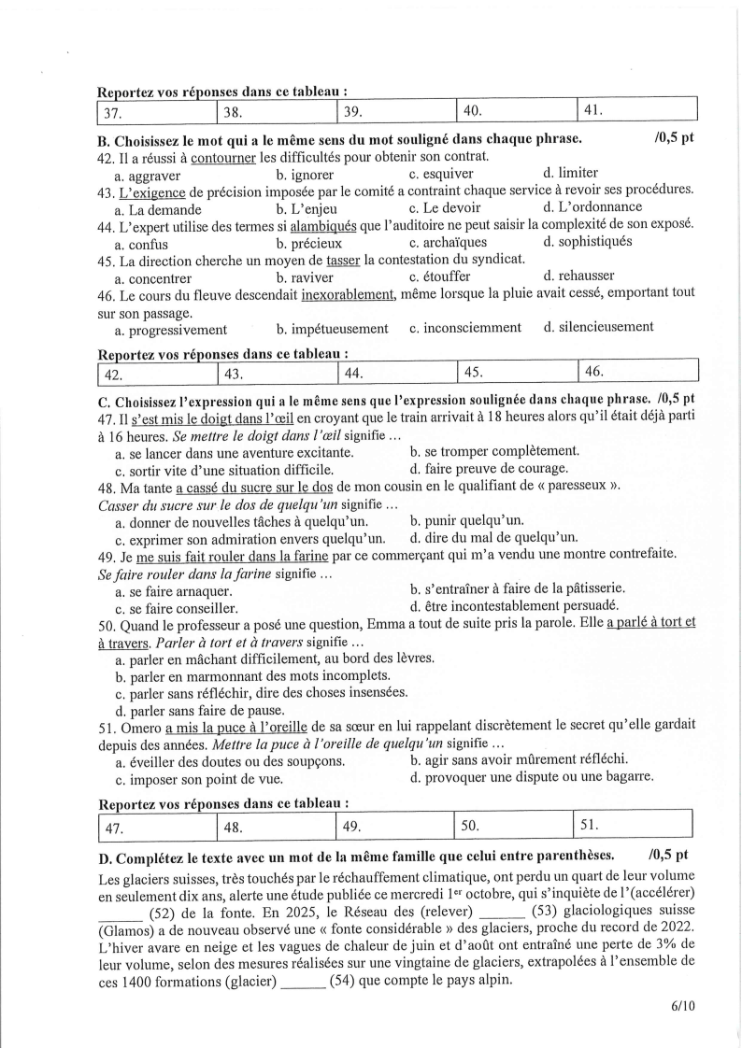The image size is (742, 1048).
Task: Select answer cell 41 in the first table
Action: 637,111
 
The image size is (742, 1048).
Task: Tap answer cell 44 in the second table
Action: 396,374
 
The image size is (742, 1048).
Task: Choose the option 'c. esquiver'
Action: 441,174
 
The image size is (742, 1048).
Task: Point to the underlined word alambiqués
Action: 327,225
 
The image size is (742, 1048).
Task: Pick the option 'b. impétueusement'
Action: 332,328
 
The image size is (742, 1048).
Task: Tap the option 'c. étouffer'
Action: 439,276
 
